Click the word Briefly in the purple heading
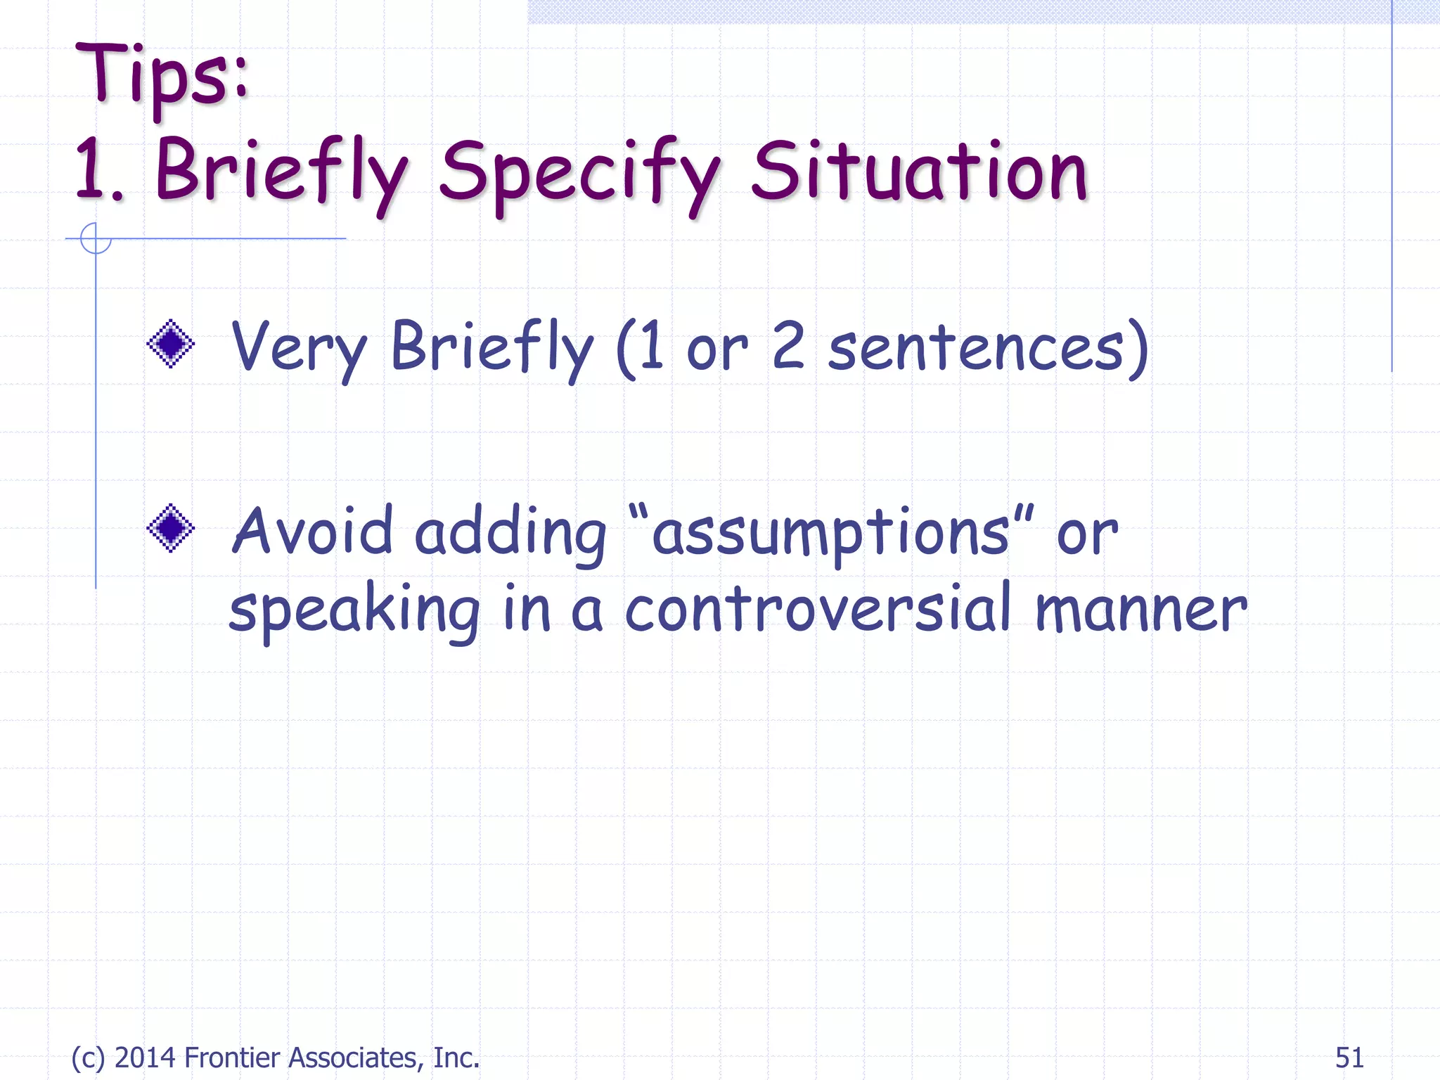click(281, 174)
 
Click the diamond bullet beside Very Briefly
click(170, 344)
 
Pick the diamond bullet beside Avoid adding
click(170, 528)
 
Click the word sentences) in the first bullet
click(988, 348)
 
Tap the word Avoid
click(312, 531)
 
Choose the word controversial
click(818, 608)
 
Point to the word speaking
click(354, 610)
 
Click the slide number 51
click(1349, 1057)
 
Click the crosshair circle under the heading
click(96, 238)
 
